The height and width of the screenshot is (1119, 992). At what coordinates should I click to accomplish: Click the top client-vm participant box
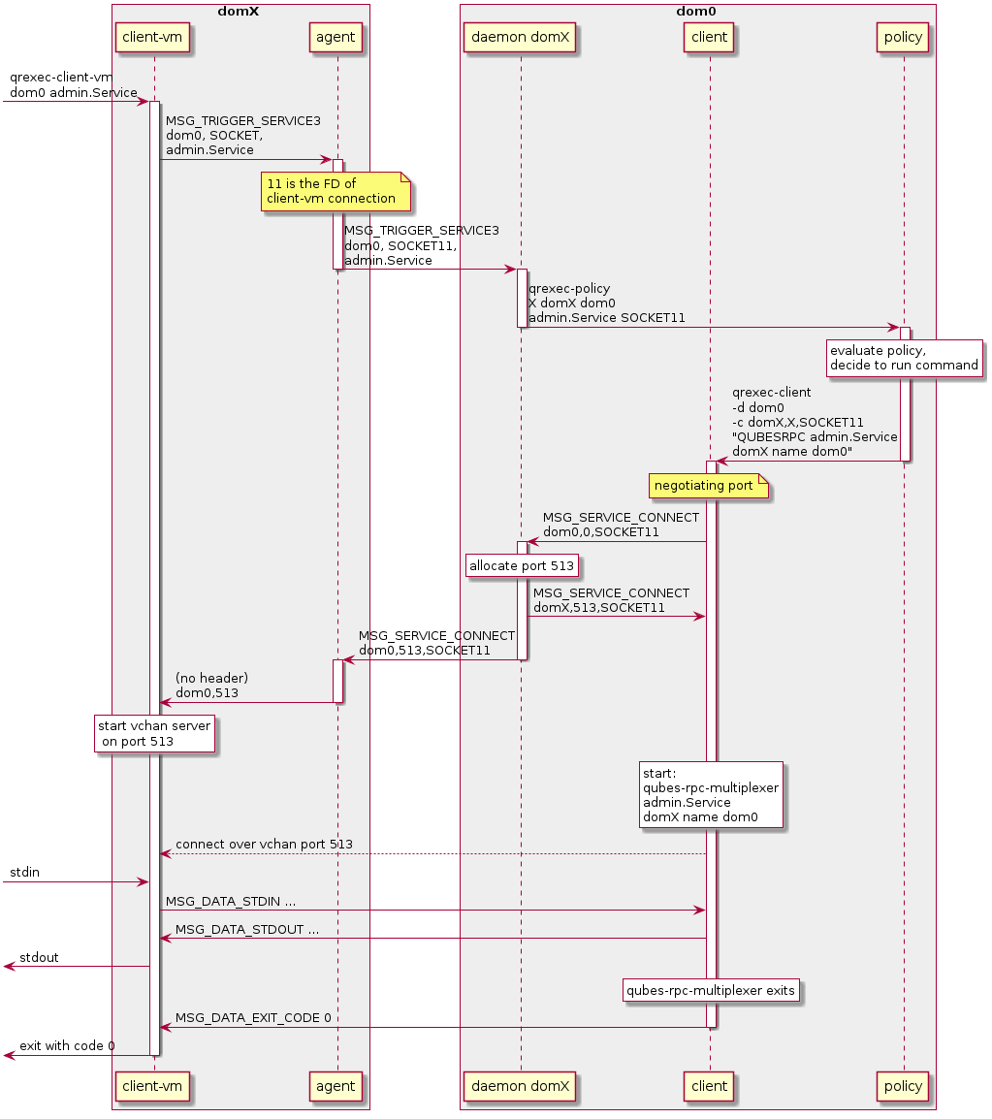[154, 38]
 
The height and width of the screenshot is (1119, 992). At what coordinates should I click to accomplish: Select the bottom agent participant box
[336, 1085]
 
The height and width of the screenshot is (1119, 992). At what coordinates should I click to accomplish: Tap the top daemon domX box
[521, 38]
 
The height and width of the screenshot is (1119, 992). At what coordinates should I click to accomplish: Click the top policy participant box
[903, 38]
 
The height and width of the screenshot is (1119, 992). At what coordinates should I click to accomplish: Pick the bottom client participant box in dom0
[709, 1085]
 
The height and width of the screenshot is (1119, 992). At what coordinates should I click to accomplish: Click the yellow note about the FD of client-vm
[336, 191]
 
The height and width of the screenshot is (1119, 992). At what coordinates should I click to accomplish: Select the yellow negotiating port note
[709, 485]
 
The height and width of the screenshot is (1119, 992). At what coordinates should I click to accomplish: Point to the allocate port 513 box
[523, 565]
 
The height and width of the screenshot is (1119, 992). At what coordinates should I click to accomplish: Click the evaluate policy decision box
[904, 358]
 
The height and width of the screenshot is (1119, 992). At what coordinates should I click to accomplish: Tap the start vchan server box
[154, 733]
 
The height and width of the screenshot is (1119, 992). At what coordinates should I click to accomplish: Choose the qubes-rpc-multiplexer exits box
[711, 990]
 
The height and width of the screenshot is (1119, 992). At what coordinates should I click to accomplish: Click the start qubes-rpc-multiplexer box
[711, 795]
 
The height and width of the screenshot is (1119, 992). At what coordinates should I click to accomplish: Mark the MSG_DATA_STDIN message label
[231, 901]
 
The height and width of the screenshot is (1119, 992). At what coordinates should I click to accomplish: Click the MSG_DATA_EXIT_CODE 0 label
[253, 1017]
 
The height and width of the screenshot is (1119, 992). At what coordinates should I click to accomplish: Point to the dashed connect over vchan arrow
[432, 854]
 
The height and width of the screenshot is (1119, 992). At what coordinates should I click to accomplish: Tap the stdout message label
[39, 957]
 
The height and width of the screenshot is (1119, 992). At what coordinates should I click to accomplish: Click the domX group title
[240, 10]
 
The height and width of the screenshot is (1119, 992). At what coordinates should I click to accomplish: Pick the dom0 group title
[697, 10]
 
